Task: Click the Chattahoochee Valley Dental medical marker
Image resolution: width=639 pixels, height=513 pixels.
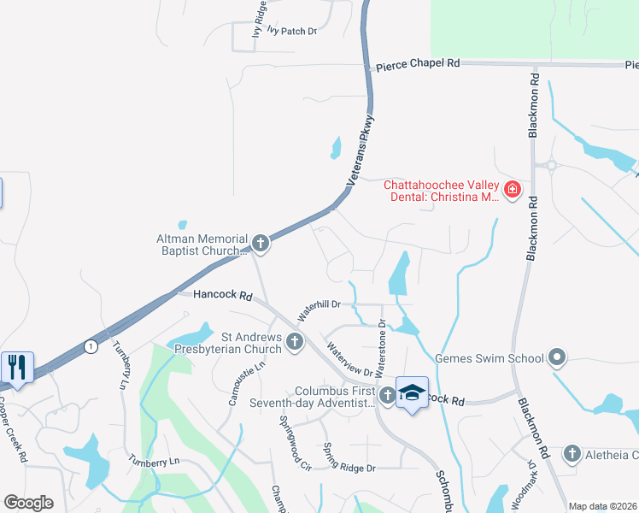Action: pos(513,190)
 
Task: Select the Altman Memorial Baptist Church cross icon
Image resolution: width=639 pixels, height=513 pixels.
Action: pos(261,244)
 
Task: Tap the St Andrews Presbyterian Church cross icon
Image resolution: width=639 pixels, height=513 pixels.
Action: pos(295,342)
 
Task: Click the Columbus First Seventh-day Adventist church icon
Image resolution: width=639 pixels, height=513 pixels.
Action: pos(388,395)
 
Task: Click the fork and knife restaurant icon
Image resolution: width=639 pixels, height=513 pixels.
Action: pos(17,366)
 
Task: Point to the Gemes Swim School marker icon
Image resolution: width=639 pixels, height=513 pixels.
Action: pos(558,357)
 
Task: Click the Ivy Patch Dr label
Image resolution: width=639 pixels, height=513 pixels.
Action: pos(291,31)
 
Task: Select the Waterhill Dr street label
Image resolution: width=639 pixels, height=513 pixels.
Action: pos(318,310)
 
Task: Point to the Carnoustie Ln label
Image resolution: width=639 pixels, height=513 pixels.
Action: pos(230,384)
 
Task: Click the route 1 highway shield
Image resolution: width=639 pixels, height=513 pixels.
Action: pos(90,345)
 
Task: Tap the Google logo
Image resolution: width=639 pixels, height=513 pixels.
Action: pos(29,503)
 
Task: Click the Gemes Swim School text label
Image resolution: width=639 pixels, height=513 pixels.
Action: pos(490,357)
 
